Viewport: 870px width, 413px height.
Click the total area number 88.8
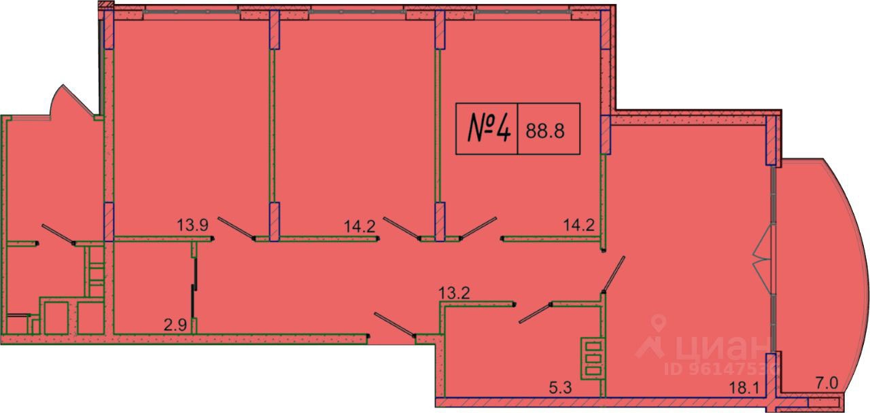click(x=545, y=131)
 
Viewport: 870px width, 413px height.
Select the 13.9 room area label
click(x=192, y=225)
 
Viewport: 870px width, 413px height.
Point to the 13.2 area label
click(x=454, y=293)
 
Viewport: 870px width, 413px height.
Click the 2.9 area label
click(x=175, y=325)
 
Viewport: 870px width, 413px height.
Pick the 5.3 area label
click(x=561, y=387)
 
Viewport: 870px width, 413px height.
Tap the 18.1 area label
click(x=744, y=388)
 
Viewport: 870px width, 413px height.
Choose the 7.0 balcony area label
click(x=826, y=384)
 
